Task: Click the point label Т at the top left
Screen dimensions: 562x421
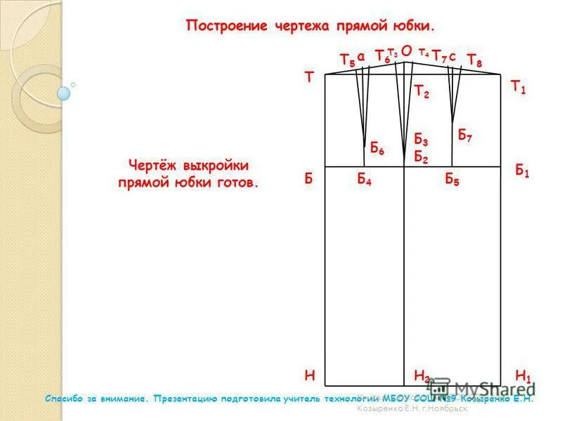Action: coord(308,78)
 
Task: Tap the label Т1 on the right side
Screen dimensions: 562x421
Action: coord(518,87)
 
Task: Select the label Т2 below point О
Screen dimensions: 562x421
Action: coord(421,91)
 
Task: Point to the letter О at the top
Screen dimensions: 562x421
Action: coord(406,51)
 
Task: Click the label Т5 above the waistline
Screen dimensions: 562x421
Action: coord(347,60)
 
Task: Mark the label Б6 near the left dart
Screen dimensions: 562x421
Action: coord(377,149)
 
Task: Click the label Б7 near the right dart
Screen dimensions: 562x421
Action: coord(464,135)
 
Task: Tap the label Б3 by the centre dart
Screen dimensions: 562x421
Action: coord(421,140)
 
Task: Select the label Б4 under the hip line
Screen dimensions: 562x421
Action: coord(364,180)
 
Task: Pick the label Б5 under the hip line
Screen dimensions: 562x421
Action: coord(452,180)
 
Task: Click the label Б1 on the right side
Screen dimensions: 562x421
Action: coord(522,171)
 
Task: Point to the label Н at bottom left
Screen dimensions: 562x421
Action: coord(309,375)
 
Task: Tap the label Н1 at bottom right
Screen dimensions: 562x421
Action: coord(523,375)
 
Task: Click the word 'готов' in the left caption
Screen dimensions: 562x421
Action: coord(240,182)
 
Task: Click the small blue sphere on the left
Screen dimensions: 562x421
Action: coord(64,93)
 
